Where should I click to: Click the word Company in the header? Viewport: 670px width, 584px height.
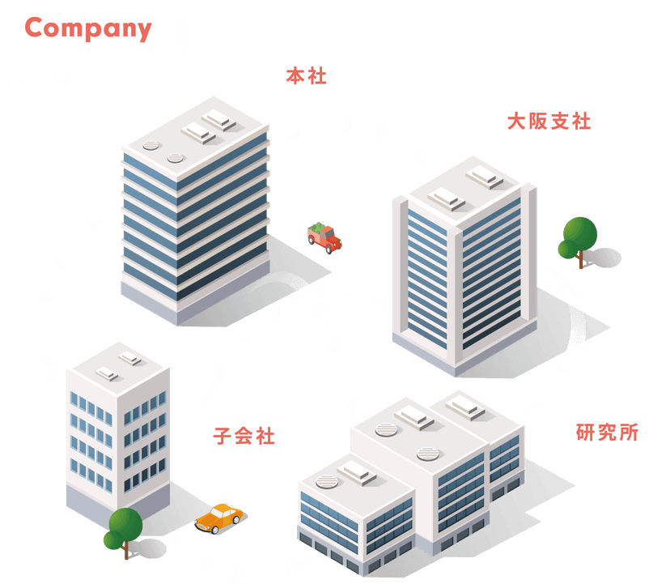pos(88,28)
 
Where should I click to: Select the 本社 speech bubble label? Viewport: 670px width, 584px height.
pos(304,77)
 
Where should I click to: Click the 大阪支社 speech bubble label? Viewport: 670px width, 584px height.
pos(549,121)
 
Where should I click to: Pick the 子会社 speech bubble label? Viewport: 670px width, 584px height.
pos(244,437)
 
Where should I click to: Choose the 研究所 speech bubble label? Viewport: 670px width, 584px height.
pos(607,432)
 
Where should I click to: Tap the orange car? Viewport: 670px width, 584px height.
pos(221,516)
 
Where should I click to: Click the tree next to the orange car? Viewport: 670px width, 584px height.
pos(122,528)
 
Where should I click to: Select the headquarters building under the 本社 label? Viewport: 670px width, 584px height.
pos(194,211)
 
